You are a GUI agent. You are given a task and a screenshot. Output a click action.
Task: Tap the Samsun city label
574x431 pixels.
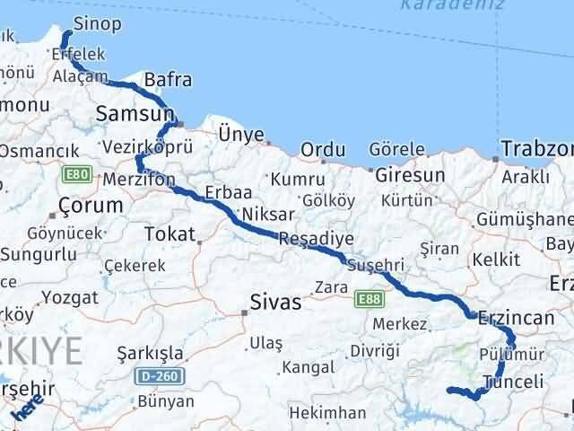[x=134, y=114]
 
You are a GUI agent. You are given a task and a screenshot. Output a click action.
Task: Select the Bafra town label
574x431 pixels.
[x=168, y=80]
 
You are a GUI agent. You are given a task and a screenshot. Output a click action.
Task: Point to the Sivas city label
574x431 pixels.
[x=275, y=302]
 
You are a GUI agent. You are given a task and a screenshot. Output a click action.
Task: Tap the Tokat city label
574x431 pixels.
[x=169, y=234]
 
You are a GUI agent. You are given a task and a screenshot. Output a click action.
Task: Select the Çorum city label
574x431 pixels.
[x=90, y=206]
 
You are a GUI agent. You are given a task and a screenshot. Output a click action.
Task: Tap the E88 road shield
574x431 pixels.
[x=365, y=296]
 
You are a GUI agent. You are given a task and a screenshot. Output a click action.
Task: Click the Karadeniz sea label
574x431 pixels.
[x=440, y=4]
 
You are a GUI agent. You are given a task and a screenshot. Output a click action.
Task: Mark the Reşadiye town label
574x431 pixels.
[x=316, y=239]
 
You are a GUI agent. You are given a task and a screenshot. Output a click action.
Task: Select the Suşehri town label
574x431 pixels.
[x=377, y=266]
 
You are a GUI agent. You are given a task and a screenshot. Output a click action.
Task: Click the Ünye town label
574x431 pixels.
[x=241, y=135]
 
